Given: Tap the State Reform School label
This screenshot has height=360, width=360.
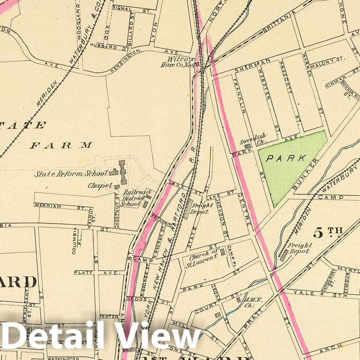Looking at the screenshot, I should [71, 174].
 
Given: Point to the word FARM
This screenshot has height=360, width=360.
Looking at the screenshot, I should [61, 145].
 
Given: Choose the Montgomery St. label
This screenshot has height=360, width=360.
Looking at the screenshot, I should [332, 279].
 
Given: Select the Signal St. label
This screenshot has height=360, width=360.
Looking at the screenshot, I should [123, 9].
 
